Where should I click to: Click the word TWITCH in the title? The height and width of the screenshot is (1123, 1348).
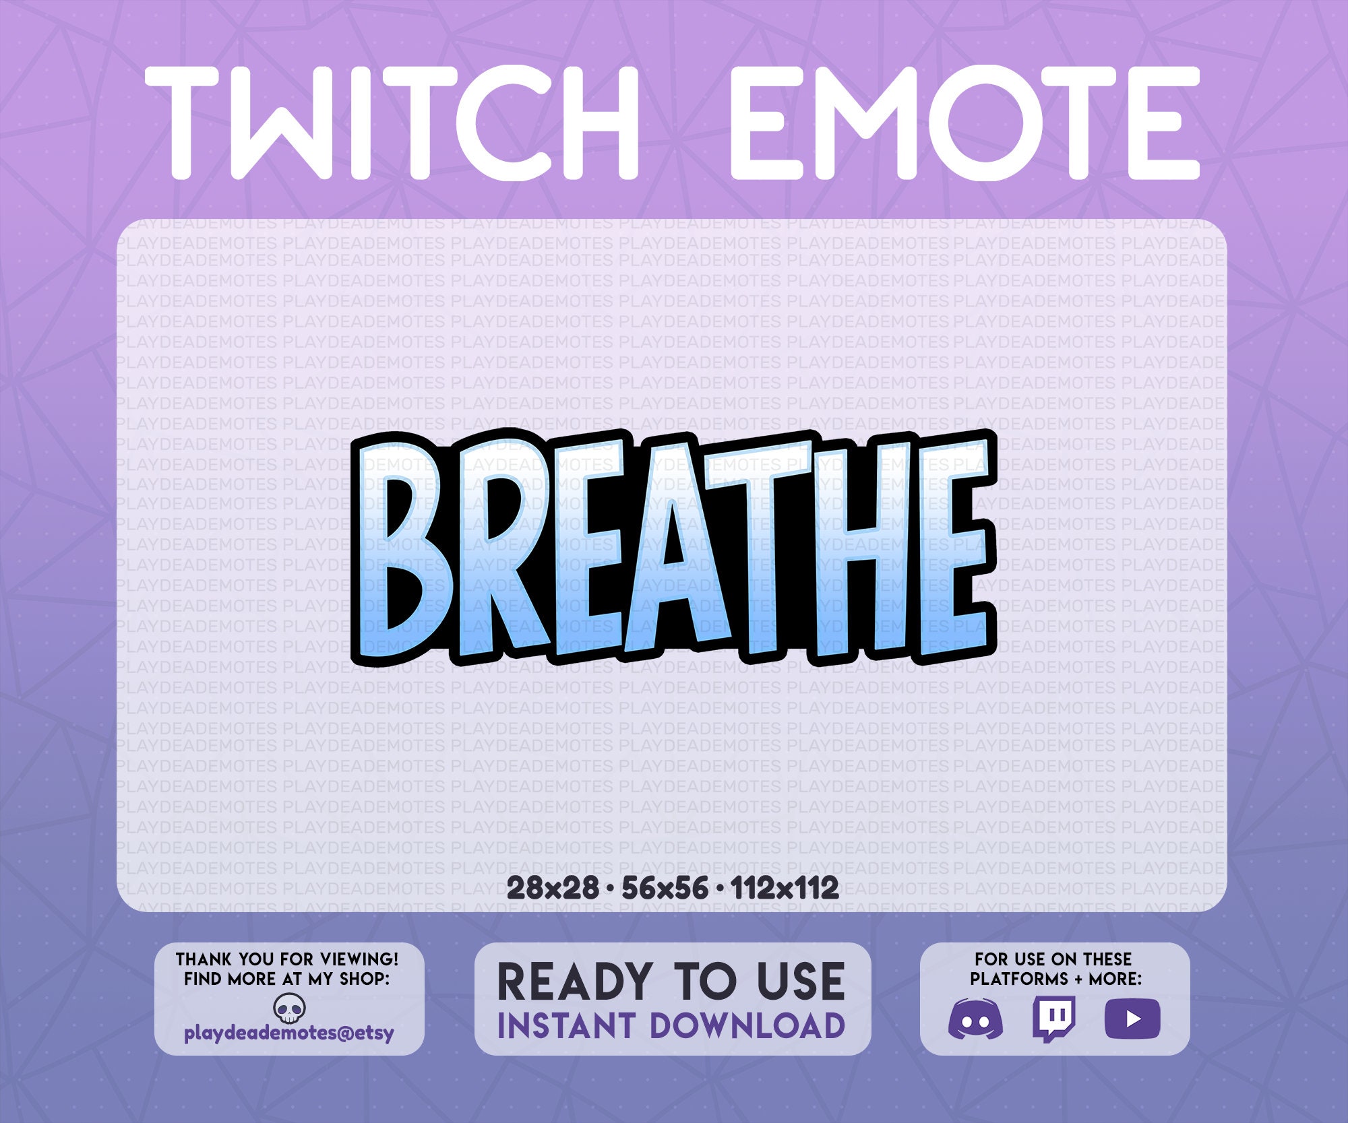click(x=391, y=123)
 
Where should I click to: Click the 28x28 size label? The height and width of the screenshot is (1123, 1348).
click(x=552, y=889)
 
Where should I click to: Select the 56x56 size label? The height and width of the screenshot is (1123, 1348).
click(x=665, y=889)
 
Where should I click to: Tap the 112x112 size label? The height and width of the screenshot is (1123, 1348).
click(x=785, y=889)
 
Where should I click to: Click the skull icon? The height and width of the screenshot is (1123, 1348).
click(x=290, y=1009)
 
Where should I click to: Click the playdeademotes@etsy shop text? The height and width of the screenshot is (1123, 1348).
click(x=289, y=1033)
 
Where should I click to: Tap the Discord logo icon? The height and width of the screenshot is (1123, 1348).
click(x=975, y=1019)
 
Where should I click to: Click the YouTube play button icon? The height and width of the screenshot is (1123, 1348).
click(x=1132, y=1019)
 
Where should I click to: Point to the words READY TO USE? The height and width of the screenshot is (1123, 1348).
click(x=671, y=982)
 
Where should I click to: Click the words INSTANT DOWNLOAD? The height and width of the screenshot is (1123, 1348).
click(x=671, y=1026)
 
